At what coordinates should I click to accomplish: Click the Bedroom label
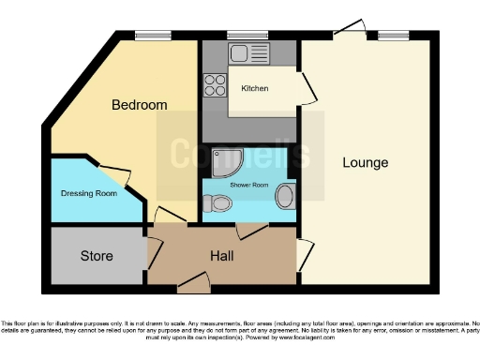point(139,105)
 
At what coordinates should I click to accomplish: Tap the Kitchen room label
point(255,88)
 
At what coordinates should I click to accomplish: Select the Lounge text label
point(365,163)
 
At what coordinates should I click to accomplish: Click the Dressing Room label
point(88,194)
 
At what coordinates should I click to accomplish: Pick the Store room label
point(97,255)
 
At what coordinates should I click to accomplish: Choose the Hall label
point(221,255)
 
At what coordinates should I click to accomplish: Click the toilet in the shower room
point(219,202)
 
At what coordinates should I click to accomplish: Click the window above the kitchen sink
point(248,36)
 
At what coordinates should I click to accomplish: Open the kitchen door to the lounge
point(308,87)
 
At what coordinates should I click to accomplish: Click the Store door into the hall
point(153,252)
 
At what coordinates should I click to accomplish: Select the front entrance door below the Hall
point(195,277)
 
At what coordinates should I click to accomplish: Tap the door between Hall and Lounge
point(304,253)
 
